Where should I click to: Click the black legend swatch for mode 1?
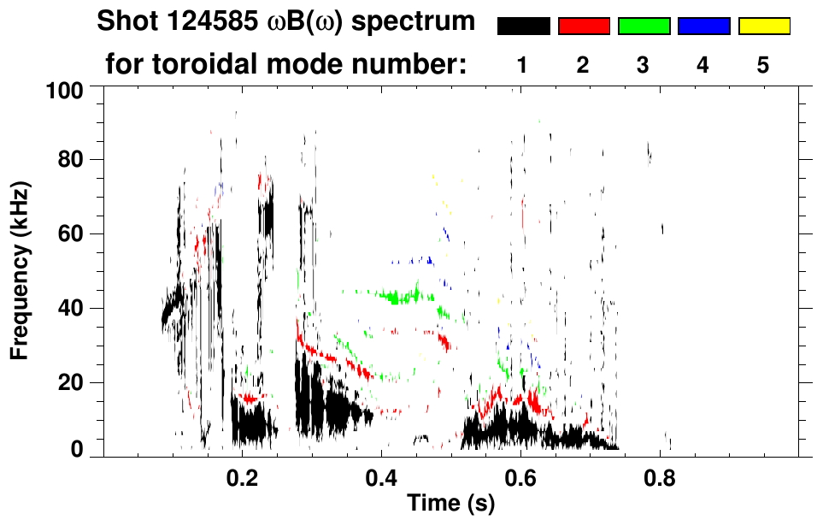click(x=523, y=27)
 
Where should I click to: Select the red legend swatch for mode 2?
click(x=584, y=27)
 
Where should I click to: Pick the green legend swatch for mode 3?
click(x=644, y=27)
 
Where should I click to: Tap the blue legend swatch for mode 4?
click(x=703, y=27)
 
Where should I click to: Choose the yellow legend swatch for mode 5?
click(x=763, y=27)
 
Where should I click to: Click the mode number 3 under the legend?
click(x=643, y=65)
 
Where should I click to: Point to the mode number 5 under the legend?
click(x=763, y=65)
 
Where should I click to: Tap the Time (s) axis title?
click(x=450, y=504)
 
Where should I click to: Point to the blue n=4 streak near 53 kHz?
click(x=420, y=260)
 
